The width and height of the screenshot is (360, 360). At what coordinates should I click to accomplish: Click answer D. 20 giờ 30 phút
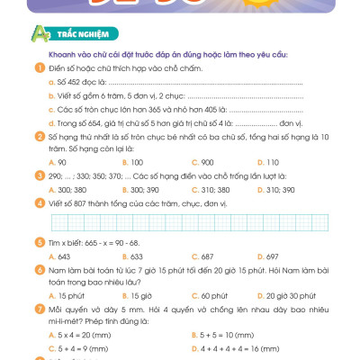pos(305,294)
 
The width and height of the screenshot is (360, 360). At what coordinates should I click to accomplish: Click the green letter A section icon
pos(39,34)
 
